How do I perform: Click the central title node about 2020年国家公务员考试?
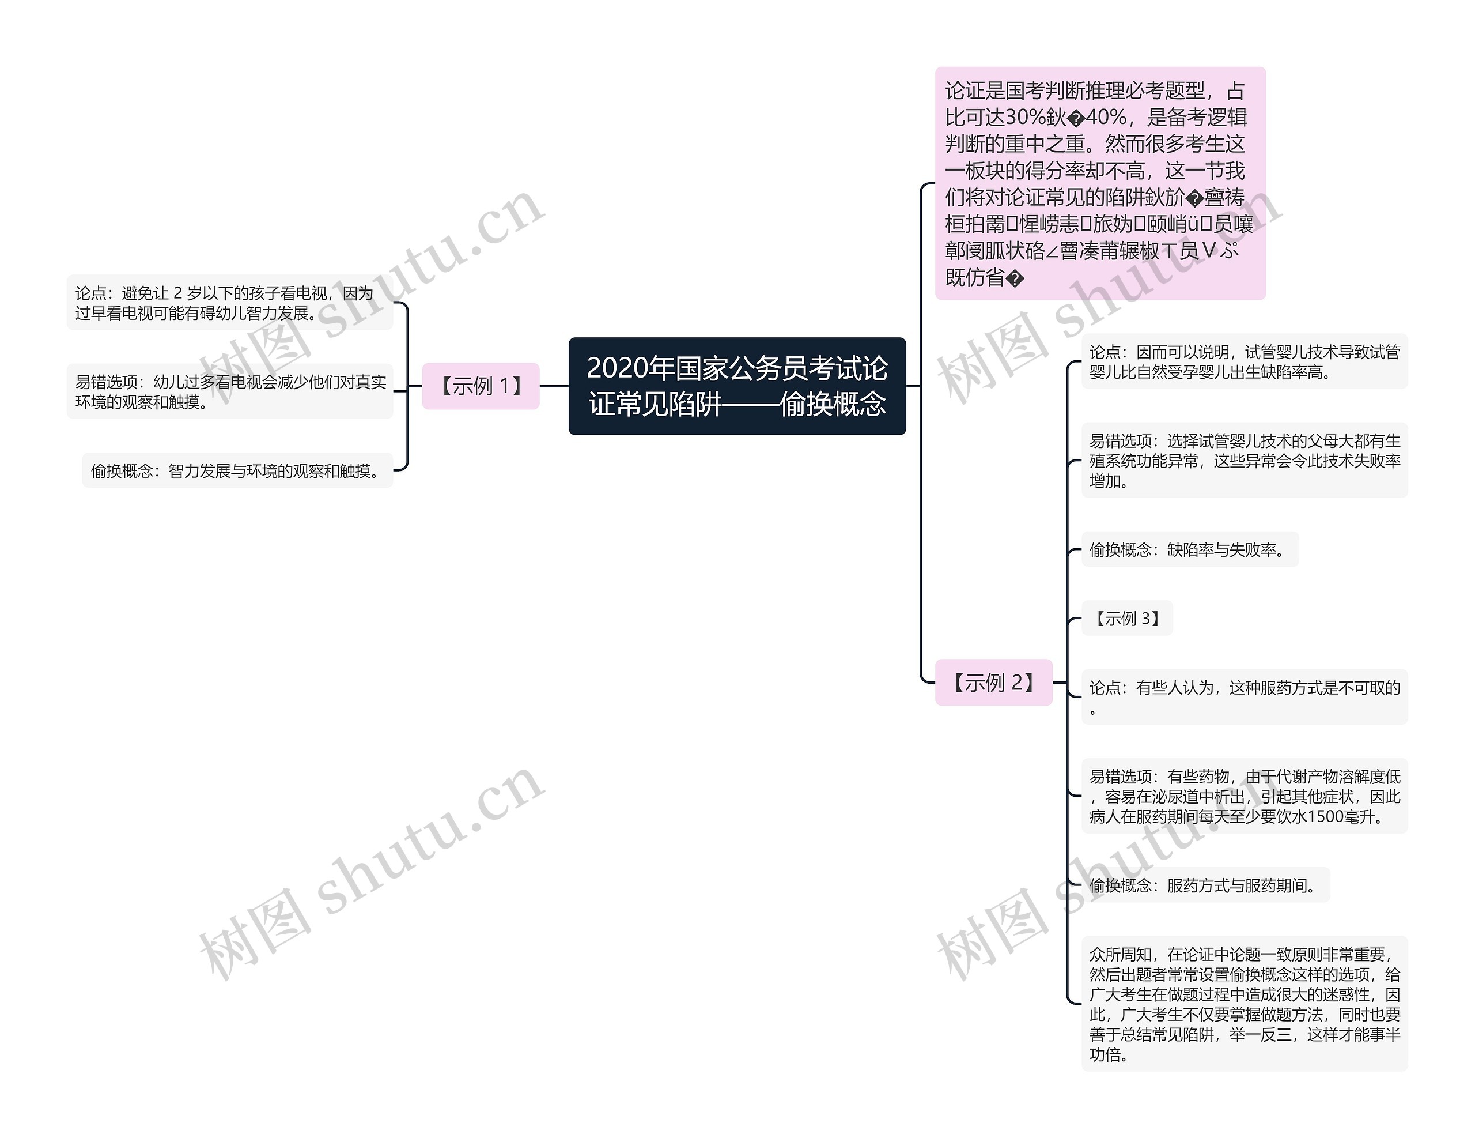[x=737, y=386]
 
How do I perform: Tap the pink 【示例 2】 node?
[x=993, y=683]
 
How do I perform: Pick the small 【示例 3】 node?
[x=1126, y=619]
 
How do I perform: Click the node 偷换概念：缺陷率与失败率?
[x=1189, y=549]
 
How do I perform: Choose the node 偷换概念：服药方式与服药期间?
[x=1205, y=885]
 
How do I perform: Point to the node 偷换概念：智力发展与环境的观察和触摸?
[x=237, y=470]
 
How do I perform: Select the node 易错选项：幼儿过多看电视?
[x=230, y=392]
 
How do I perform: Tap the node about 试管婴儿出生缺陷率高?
[x=1244, y=361]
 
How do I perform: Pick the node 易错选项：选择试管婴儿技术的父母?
[x=1244, y=461]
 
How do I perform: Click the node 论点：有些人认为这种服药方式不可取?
[x=1244, y=697]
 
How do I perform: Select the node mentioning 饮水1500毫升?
[x=1244, y=796]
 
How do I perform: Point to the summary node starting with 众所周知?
[x=1244, y=1004]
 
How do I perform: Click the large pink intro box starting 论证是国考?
[x=1099, y=183]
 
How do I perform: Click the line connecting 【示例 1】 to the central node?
[x=554, y=387]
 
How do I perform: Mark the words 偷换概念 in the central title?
[x=832, y=404]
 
